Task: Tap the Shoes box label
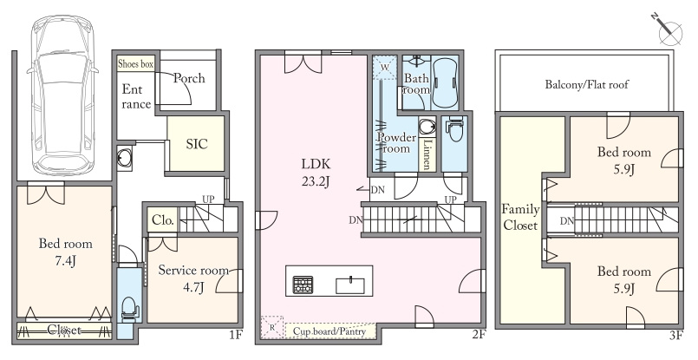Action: (x=136, y=64)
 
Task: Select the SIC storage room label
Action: (x=197, y=144)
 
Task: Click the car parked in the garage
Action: (x=62, y=95)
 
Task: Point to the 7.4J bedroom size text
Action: (x=65, y=261)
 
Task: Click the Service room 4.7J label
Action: (x=193, y=278)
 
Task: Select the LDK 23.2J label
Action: (x=316, y=173)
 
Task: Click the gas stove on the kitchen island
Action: (x=303, y=285)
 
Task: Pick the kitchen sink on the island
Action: (x=350, y=285)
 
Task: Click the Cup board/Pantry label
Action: (x=329, y=331)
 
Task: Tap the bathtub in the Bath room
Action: (x=444, y=83)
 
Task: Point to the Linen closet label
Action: (x=427, y=154)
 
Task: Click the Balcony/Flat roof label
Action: (x=586, y=84)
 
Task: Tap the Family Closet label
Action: (x=520, y=217)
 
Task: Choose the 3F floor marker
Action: (x=675, y=336)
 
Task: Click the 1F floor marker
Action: (x=236, y=335)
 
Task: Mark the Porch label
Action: (x=189, y=78)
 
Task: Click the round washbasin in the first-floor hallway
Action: (x=124, y=158)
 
